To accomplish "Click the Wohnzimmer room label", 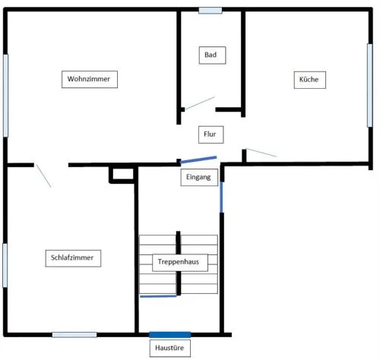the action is (90, 79).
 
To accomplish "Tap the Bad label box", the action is (212, 55).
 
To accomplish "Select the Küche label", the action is (310, 80).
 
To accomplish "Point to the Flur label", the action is (211, 134).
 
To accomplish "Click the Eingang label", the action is (199, 177).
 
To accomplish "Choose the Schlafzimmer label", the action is (73, 258).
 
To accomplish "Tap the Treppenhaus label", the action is (180, 263).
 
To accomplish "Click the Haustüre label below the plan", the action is (170, 349).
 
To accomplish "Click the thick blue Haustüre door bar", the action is (169, 335).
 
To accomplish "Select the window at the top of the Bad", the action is (211, 11).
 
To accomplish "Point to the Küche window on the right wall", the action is (370, 85).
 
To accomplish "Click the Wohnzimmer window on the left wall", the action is (5, 96).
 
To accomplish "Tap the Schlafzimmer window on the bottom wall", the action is (74, 335).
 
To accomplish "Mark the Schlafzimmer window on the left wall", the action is (5, 265).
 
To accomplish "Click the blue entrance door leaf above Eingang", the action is (198, 159).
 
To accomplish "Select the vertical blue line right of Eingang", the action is (221, 197).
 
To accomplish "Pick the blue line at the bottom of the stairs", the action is (158, 296).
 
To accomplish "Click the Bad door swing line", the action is (200, 103).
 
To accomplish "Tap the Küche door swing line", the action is (261, 153).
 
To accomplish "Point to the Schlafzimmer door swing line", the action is (43, 176).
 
